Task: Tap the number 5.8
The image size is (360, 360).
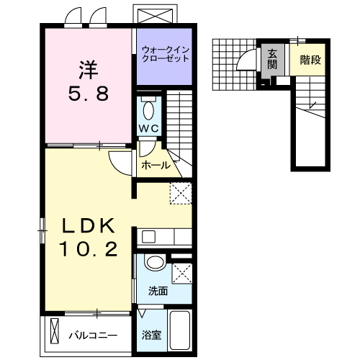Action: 89,94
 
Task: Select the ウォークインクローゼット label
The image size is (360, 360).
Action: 165,54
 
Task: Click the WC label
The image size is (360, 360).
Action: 149,129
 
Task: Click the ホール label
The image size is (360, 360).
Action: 156,165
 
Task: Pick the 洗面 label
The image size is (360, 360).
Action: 158,292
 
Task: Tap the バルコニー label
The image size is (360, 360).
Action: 92,336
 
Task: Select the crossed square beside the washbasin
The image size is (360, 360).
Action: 182,272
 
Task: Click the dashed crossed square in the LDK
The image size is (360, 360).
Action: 179,192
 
